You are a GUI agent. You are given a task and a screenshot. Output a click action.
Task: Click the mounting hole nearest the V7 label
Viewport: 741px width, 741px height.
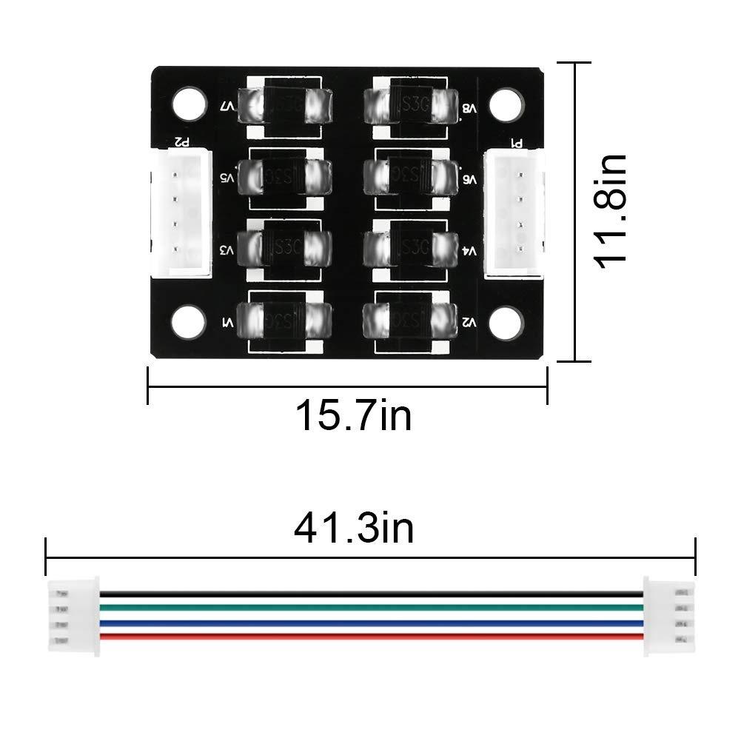click(x=190, y=104)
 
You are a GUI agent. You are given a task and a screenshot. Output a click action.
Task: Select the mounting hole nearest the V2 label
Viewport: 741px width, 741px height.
click(x=506, y=321)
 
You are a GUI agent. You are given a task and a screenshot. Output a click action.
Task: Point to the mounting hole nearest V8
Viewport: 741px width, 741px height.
click(x=506, y=104)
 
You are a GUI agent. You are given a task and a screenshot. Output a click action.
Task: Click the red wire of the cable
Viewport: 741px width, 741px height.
click(x=370, y=637)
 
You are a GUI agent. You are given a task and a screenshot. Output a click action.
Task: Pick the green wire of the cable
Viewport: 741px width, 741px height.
click(x=370, y=608)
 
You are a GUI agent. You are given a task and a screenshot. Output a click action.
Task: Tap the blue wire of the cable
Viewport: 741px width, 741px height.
click(x=370, y=623)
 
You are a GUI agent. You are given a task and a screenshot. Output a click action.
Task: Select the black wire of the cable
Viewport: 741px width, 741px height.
click(x=370, y=594)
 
